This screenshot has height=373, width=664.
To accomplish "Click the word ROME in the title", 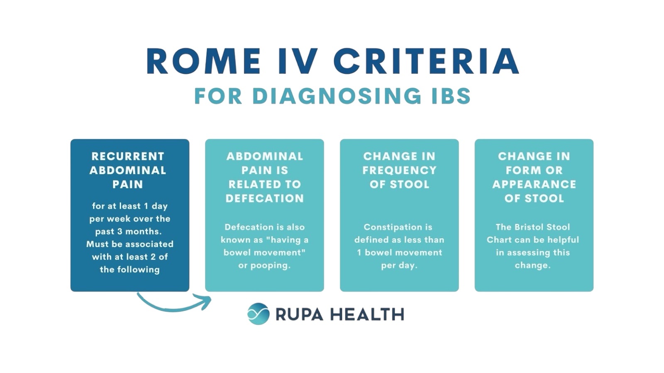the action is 203,61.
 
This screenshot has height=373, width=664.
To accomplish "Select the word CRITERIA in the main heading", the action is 426,61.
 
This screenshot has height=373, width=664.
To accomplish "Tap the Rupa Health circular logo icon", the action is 259,314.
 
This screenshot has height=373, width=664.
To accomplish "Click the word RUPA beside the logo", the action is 299,314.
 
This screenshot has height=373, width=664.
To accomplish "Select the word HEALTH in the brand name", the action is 367,314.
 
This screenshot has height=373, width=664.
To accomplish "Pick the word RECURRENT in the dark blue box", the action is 128,156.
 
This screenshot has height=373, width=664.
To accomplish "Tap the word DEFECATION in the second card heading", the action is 265,199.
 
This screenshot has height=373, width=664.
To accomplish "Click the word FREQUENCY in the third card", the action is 399,170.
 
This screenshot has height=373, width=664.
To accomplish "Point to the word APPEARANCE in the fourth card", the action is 534,184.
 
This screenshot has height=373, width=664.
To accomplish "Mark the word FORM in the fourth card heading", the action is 519,170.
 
